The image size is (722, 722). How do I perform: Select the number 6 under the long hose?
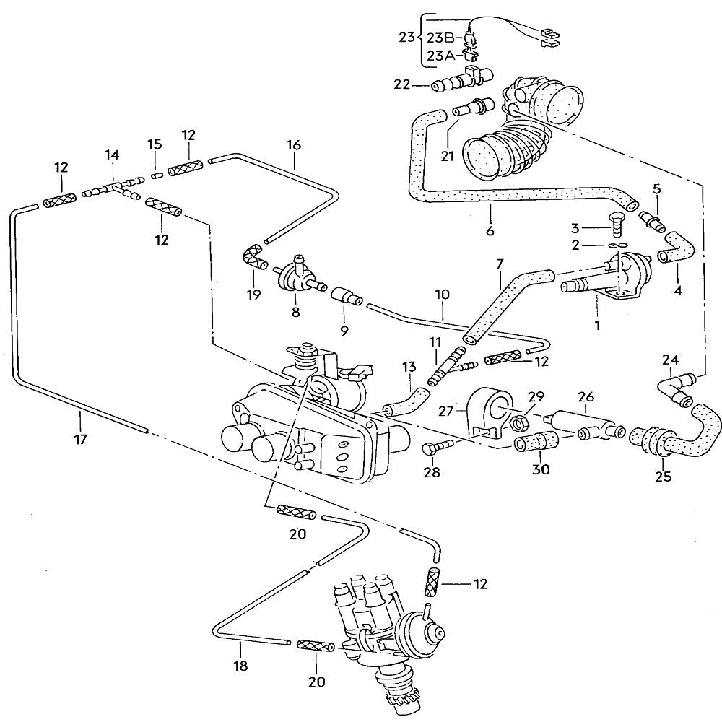pyautogui.click(x=490, y=231)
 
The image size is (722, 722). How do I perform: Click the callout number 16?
pyautogui.click(x=293, y=144)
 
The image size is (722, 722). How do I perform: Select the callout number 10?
pyautogui.click(x=442, y=295)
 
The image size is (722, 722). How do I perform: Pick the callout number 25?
pyautogui.click(x=663, y=476)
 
